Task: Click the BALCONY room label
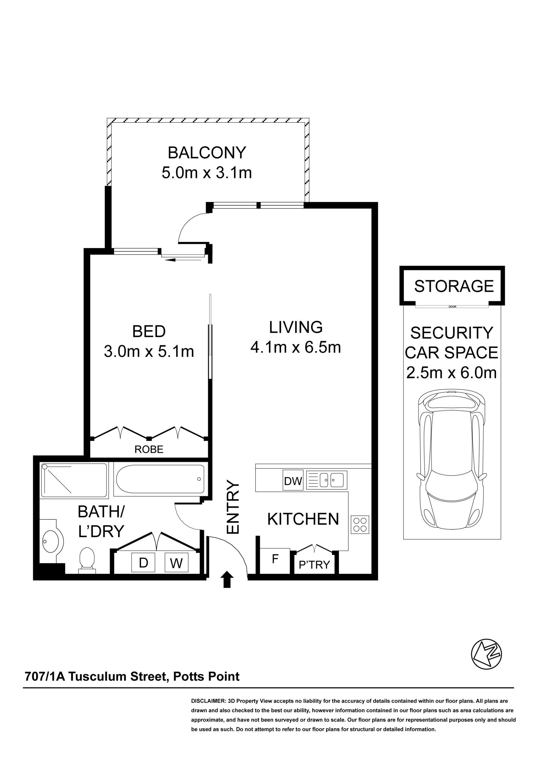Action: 207,153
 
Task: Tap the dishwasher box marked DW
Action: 293,481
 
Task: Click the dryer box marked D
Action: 143,563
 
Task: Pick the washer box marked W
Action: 177,563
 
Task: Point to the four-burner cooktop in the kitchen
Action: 360,525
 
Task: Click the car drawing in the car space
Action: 452,463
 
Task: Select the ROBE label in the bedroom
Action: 149,450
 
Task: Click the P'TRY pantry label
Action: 314,565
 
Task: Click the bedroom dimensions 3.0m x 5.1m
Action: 149,352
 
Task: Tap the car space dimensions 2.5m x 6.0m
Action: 452,373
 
